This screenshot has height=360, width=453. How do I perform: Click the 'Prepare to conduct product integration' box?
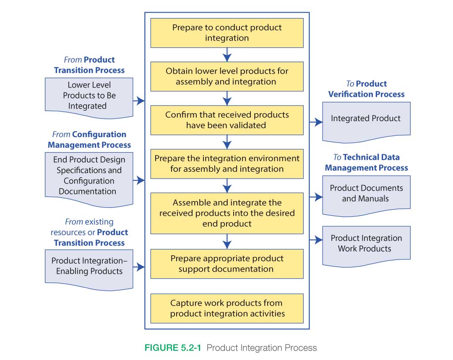[226, 33]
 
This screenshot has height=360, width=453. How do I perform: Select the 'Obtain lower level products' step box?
[226, 76]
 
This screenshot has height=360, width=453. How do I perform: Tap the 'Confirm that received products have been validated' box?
[226, 120]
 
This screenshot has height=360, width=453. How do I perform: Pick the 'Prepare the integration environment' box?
[226, 163]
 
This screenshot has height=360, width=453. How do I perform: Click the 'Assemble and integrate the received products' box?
[226, 213]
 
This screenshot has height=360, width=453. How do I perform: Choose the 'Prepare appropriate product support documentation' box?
[226, 264]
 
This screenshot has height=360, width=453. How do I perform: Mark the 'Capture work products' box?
[226, 308]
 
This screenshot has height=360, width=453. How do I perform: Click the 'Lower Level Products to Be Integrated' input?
[89, 96]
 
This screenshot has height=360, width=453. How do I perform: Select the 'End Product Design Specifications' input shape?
[89, 176]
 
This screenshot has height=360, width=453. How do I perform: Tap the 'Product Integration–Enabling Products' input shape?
[89, 266]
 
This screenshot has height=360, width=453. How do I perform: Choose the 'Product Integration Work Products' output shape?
[366, 243]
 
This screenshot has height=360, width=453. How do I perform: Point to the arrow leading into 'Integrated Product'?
[316, 122]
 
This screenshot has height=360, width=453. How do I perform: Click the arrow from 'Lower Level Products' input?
[139, 101]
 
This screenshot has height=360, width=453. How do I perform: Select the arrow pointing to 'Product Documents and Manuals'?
[316, 197]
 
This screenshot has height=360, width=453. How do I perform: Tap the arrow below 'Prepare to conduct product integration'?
[227, 54]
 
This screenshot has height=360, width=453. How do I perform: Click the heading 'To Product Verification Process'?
[366, 89]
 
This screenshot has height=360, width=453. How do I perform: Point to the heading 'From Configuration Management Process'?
[89, 140]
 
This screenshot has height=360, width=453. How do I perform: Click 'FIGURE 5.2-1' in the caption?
[173, 348]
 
